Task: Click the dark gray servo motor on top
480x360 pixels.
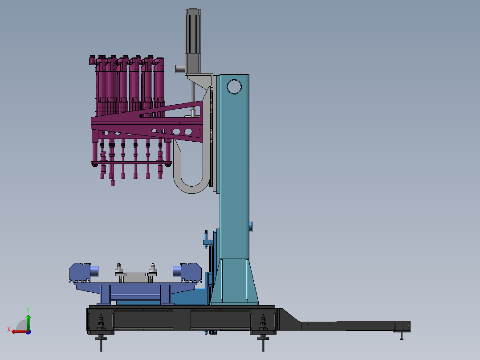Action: click(193, 41)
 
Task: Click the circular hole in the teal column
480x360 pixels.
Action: click(234, 87)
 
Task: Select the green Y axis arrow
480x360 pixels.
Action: click(28, 322)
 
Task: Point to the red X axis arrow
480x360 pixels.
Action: click(20, 331)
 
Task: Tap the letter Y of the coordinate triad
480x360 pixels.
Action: click(28, 310)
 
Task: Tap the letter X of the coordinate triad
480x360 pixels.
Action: click(9, 329)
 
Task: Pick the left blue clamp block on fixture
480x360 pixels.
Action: click(81, 272)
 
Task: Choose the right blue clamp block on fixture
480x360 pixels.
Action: click(191, 272)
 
